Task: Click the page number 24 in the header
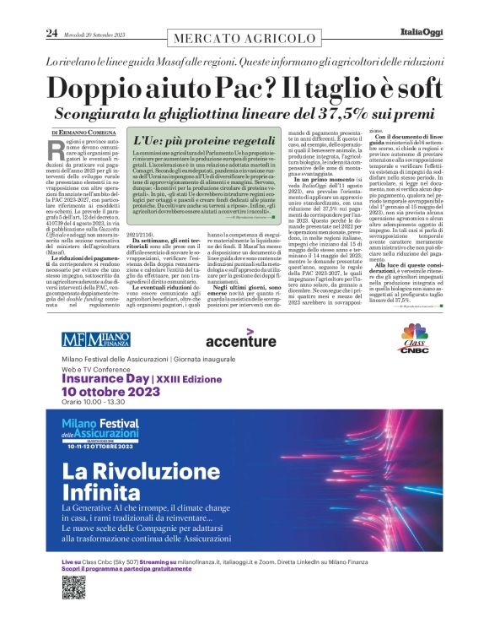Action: pos(51,33)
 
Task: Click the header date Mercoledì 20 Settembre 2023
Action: pos(96,34)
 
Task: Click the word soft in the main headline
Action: pos(407,89)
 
